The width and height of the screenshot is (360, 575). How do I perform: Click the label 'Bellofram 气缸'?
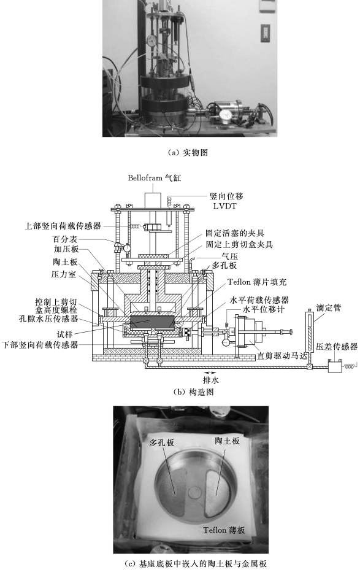pyautogui.click(x=155, y=178)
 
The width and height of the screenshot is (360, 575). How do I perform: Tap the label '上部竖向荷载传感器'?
pyautogui.click(x=63, y=226)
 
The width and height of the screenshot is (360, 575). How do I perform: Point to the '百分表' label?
pyautogui.click(x=64, y=239)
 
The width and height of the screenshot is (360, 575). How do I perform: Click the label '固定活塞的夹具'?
pyautogui.click(x=235, y=233)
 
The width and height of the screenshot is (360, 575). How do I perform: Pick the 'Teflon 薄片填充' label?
pyautogui.click(x=257, y=282)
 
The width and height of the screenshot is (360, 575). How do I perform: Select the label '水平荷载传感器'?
pyautogui.click(x=259, y=300)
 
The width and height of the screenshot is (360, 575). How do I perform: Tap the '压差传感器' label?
pyautogui.click(x=337, y=347)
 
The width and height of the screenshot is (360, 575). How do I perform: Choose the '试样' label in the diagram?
pyautogui.click(x=64, y=334)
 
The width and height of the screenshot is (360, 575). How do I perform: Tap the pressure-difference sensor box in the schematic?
pyautogui.click(x=335, y=366)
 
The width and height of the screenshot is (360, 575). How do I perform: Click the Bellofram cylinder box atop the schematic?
pyautogui.click(x=153, y=200)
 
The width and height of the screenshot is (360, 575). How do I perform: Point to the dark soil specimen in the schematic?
pyautogui.click(x=150, y=322)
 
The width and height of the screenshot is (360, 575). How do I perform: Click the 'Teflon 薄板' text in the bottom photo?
pyautogui.click(x=224, y=530)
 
